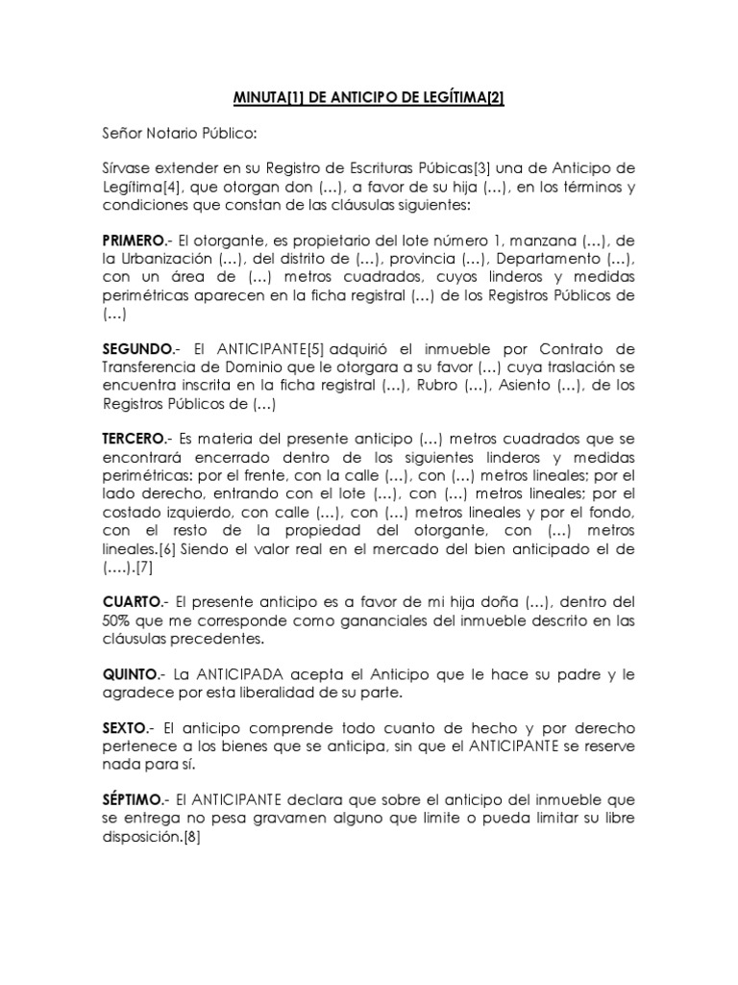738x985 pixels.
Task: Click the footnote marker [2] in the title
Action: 490,97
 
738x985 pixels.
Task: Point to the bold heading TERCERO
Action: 134,438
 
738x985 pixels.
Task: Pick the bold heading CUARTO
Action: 132,601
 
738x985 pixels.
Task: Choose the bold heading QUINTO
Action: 131,674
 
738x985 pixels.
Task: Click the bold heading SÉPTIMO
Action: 134,800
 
